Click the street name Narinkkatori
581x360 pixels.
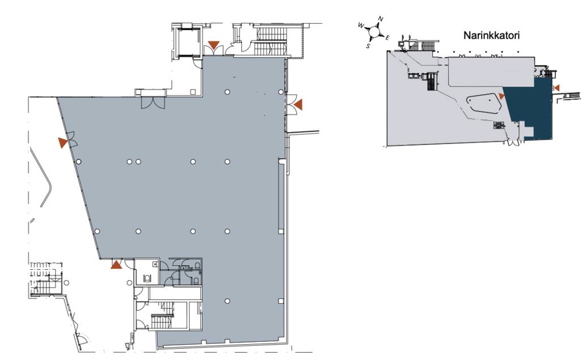491,36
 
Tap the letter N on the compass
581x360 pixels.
381,19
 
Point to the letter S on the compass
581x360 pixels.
368,46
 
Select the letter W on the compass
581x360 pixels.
361,25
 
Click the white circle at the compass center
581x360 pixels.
374,32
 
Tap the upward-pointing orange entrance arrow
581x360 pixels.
116,264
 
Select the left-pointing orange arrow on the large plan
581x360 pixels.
298,104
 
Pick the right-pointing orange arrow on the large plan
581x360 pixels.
63,143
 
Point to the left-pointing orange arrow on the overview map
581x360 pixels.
557,88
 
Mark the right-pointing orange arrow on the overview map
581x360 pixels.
502,96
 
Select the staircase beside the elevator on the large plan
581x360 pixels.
273,40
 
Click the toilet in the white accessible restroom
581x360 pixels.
148,278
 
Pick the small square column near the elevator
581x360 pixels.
193,91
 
